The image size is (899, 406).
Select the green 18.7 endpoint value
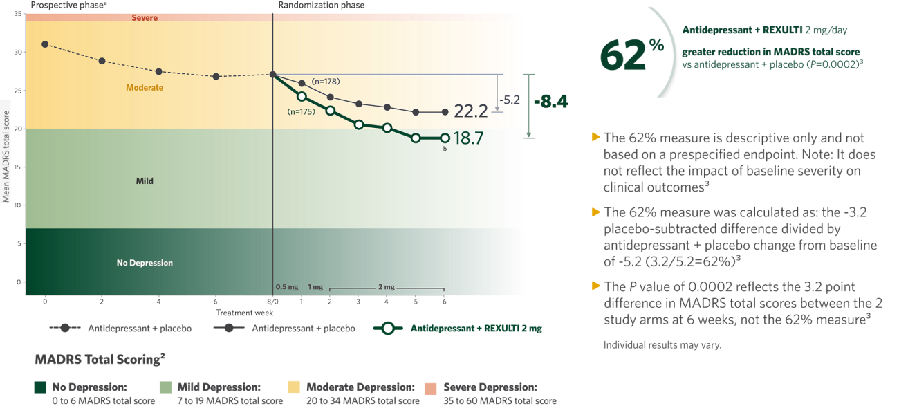(x=468, y=138)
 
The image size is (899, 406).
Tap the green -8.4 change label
(x=550, y=102)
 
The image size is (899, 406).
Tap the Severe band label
(x=145, y=17)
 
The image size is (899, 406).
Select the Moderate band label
(x=145, y=88)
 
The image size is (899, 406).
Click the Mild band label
(x=145, y=181)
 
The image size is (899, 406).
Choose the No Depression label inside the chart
(x=145, y=263)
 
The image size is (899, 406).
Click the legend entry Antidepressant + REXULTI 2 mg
(x=476, y=329)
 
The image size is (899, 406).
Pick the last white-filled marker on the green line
(x=445, y=138)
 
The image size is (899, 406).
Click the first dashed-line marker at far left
(x=45, y=44)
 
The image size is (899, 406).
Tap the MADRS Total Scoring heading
(x=99, y=360)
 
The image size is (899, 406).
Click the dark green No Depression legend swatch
(x=41, y=388)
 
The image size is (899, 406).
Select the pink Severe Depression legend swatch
(x=431, y=388)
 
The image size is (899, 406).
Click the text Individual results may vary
(x=662, y=344)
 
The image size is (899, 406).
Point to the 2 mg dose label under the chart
(x=386, y=286)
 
